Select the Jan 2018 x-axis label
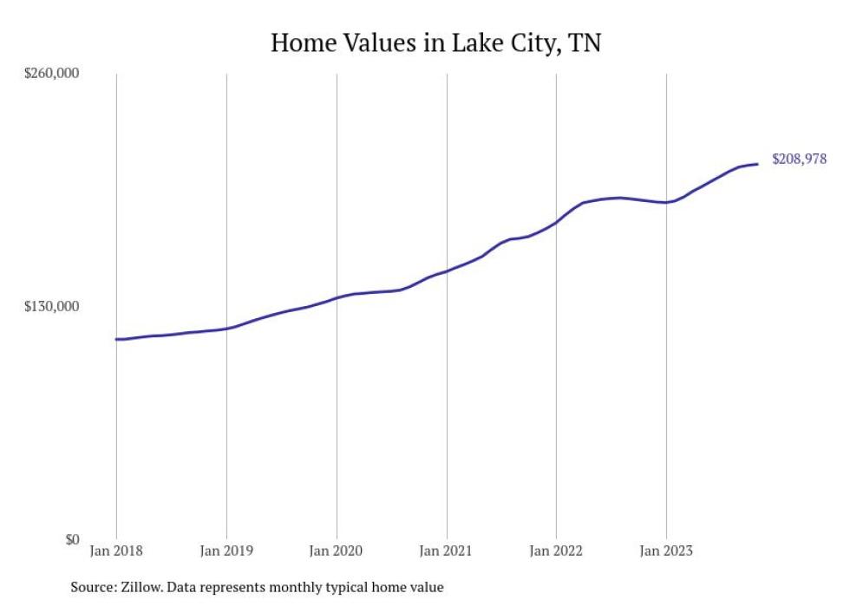pos(116,551)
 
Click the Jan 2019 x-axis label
pos(226,551)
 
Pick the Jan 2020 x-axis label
pos(337,551)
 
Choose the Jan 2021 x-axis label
pos(447,551)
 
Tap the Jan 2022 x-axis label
pos(556,551)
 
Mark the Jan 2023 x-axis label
pos(666,551)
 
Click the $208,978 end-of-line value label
pos(799,159)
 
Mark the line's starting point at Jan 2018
pos(116,339)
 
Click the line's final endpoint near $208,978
pos(758,164)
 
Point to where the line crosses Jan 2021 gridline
pos(447,271)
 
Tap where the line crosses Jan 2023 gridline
pos(666,202)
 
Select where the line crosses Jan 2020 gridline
pos(337,298)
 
